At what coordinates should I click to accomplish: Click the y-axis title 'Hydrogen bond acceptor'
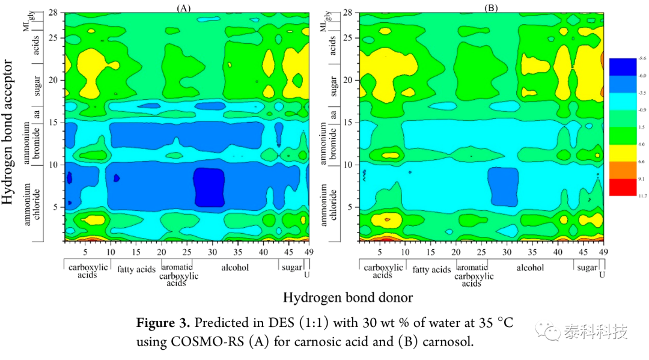tap(9, 131)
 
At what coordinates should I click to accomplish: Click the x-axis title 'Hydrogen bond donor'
tap(348, 297)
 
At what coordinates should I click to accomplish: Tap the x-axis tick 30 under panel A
tap(209, 251)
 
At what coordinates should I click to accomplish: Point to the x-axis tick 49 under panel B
tap(603, 251)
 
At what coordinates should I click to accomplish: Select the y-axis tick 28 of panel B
tap(349, 12)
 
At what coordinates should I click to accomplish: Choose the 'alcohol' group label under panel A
tap(235, 268)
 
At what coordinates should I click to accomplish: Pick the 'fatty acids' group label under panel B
tap(431, 269)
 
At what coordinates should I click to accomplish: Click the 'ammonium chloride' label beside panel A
tap(34, 204)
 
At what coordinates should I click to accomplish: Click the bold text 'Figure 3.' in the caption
tap(160, 323)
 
